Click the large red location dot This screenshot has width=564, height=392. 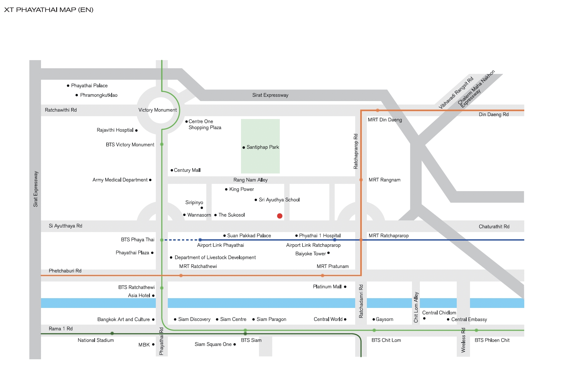(x=279, y=216)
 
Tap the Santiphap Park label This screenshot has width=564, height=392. (x=262, y=147)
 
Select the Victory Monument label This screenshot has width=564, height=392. (x=157, y=110)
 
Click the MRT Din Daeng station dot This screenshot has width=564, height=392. (x=377, y=111)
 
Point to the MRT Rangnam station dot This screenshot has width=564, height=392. (x=361, y=180)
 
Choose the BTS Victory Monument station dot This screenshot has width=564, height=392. (x=162, y=144)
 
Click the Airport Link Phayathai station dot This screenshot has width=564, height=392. (x=200, y=240)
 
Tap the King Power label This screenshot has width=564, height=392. (x=241, y=189)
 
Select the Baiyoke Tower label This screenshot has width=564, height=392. (x=310, y=254)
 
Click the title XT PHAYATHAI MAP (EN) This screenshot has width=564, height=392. (x=49, y=10)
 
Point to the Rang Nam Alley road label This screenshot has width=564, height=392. (x=250, y=180)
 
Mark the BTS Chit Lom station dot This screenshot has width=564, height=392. (x=374, y=330)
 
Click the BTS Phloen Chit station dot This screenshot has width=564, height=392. (x=476, y=330)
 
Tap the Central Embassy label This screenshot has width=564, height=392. (x=469, y=319)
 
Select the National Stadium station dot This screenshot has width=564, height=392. (x=112, y=333)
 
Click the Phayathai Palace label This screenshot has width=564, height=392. (x=89, y=86)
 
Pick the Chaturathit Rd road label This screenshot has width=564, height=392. (x=494, y=226)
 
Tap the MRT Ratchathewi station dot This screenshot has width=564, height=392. (x=181, y=276)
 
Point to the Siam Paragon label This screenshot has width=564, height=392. (x=271, y=319)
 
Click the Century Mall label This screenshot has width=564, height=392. (x=187, y=170)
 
